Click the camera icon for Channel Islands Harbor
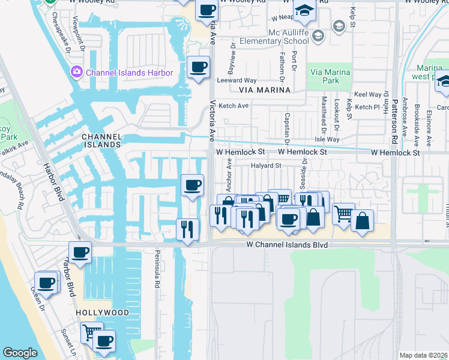tap(77, 73)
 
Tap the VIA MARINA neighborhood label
tap(264, 90)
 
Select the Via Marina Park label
tap(330, 76)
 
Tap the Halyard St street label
tap(266, 166)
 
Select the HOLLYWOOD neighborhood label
tap(102, 313)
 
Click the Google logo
tap(20, 353)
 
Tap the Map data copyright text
tap(423, 355)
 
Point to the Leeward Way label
tap(237, 80)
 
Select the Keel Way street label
tap(368, 95)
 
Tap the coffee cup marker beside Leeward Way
tap(198, 67)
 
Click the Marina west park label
tap(429, 72)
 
